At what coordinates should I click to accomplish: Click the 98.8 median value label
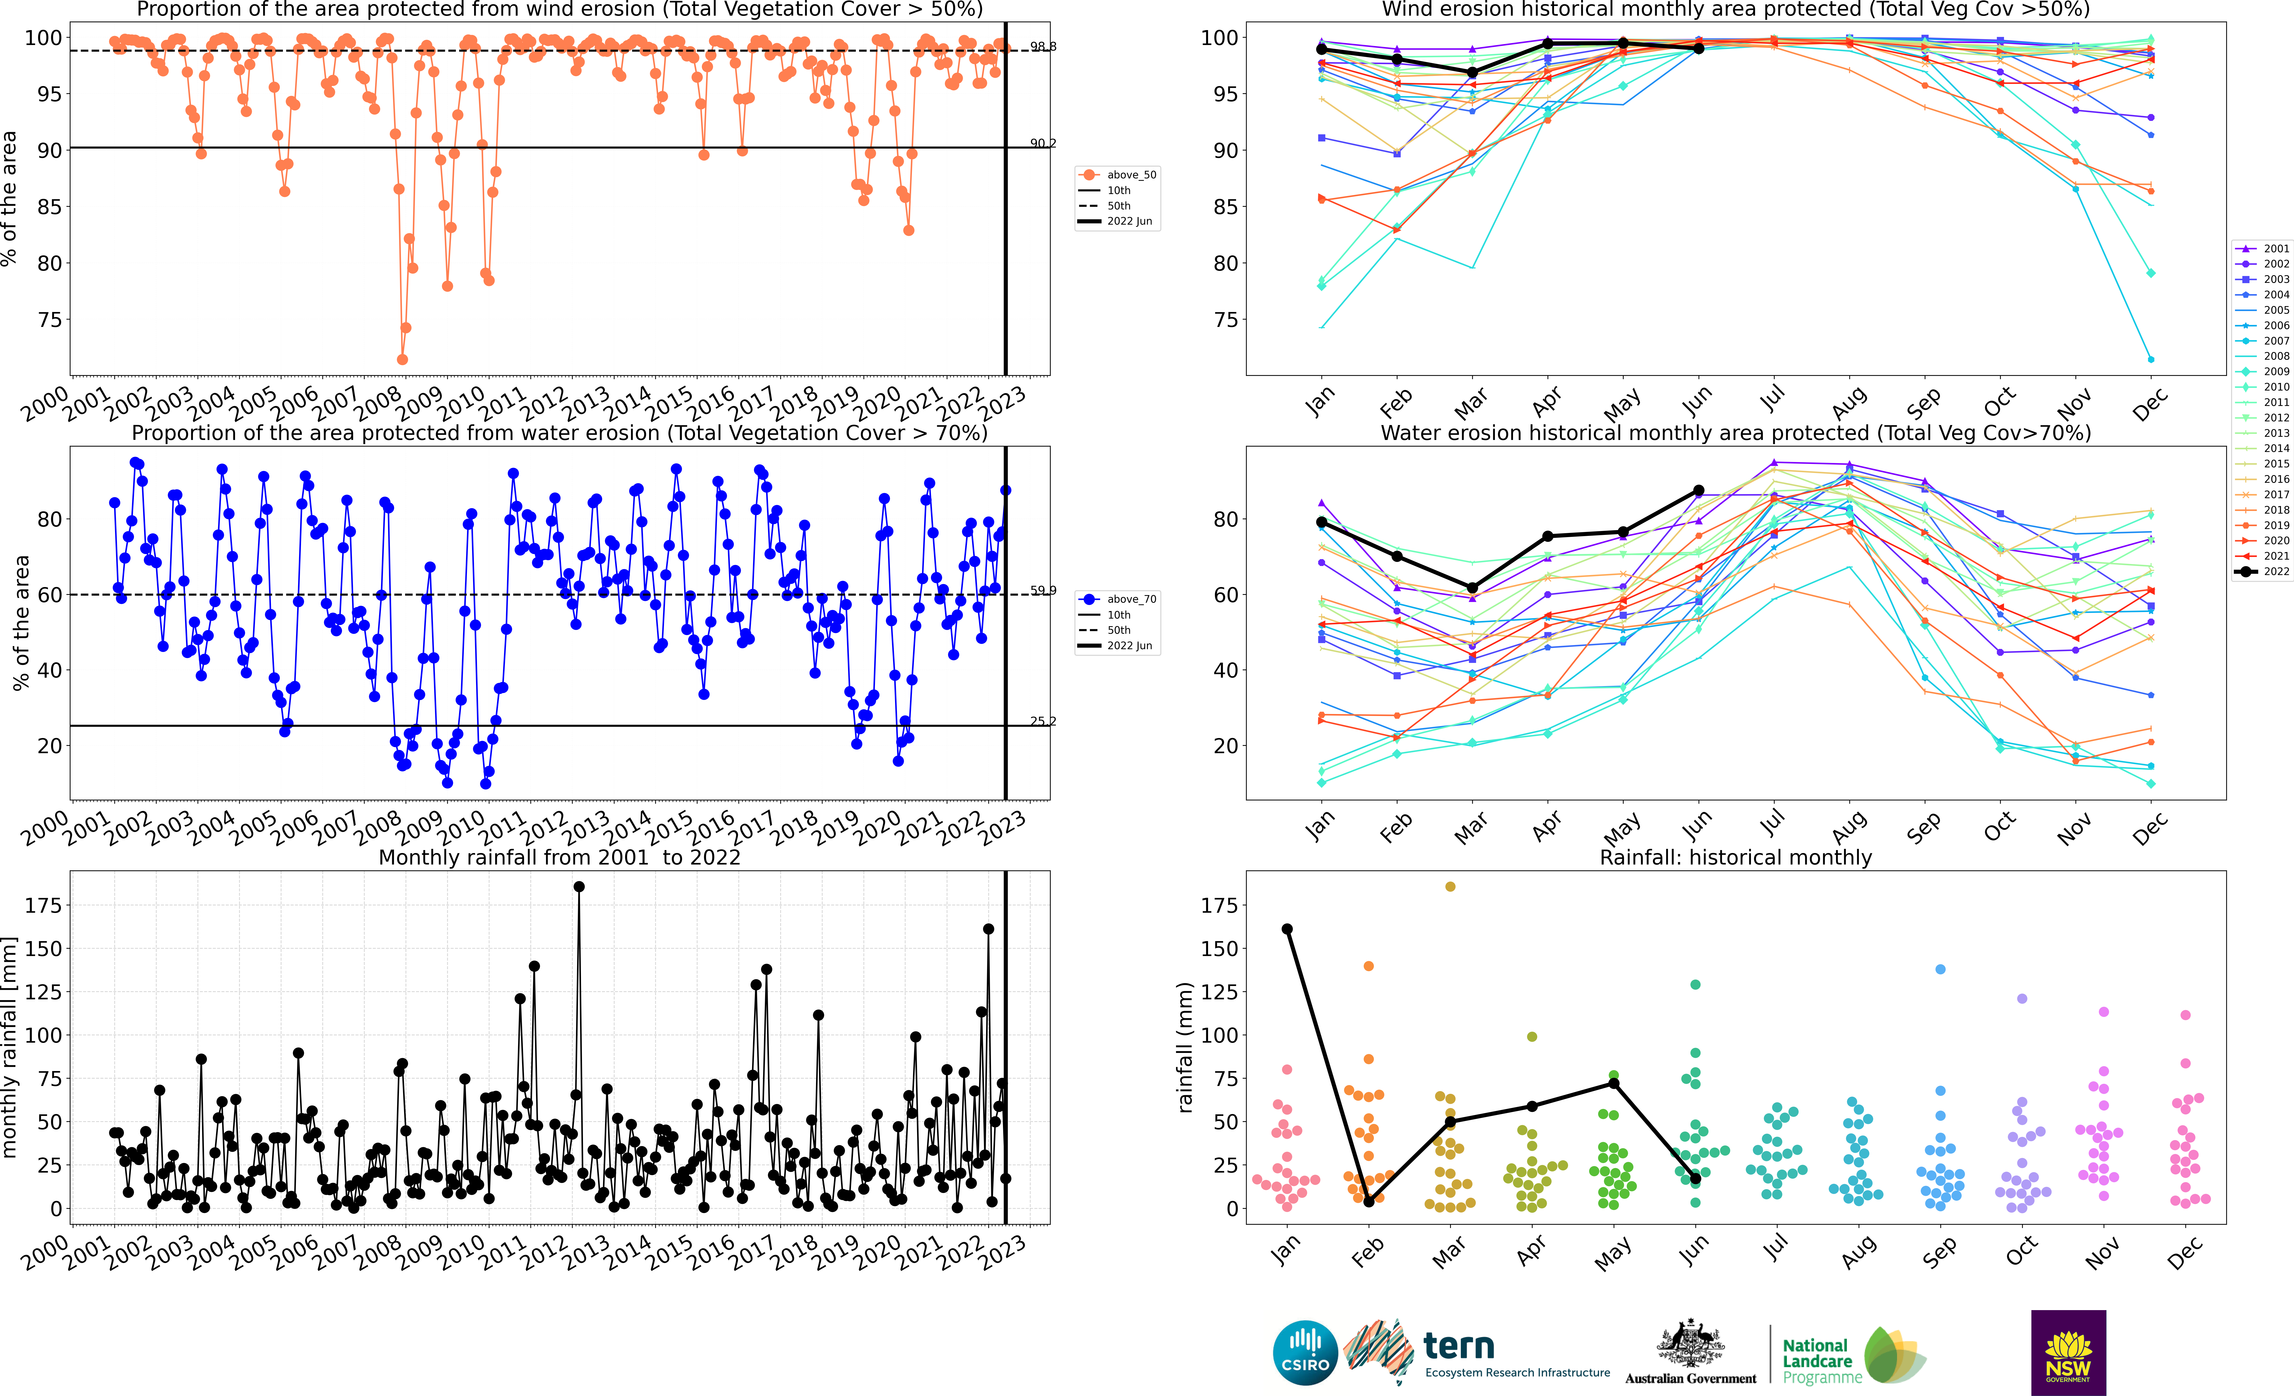coord(1043,46)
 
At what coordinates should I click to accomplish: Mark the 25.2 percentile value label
coord(1043,721)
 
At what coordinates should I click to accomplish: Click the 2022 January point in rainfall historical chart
coord(1287,929)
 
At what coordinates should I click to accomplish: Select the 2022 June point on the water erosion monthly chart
coord(1698,490)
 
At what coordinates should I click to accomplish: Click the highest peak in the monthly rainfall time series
coord(579,887)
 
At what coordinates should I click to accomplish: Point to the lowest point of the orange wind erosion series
coord(402,359)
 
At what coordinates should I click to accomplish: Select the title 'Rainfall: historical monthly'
coord(1735,857)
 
